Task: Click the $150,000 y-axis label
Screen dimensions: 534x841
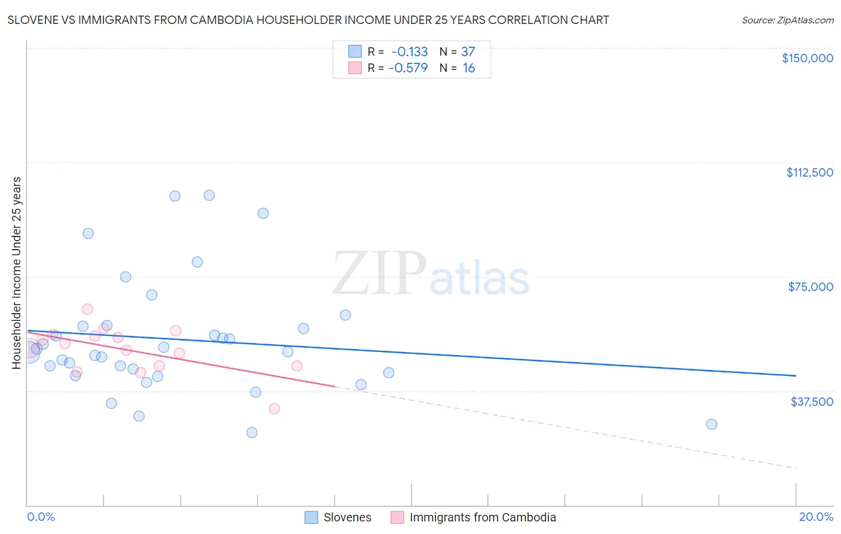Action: (x=807, y=58)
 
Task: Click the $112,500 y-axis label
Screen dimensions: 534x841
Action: (x=809, y=172)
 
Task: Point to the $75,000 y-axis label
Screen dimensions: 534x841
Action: (x=810, y=287)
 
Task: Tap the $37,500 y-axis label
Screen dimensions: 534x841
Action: (x=811, y=402)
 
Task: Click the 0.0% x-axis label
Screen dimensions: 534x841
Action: (x=41, y=517)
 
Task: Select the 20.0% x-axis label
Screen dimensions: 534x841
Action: (x=816, y=517)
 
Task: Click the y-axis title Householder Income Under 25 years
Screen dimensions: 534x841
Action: (x=17, y=272)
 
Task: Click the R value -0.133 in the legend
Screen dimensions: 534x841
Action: (x=410, y=52)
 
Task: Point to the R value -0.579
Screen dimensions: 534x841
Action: (x=408, y=68)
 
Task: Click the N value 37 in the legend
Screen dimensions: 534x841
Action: (x=468, y=52)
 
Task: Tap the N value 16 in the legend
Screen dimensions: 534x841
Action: (x=468, y=68)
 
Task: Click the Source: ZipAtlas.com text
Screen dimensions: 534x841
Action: (x=787, y=20)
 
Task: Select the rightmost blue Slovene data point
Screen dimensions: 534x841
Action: (x=711, y=424)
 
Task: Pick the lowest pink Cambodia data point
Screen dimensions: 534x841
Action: (x=274, y=409)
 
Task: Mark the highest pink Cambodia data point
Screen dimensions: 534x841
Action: (x=87, y=309)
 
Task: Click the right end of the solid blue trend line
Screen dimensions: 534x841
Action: (x=796, y=375)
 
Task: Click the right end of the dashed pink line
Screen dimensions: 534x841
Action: (x=796, y=468)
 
